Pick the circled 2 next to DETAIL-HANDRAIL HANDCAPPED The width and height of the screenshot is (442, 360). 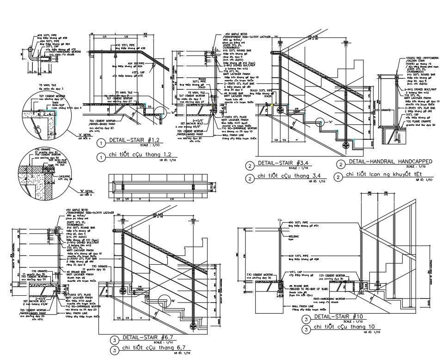point(341,164)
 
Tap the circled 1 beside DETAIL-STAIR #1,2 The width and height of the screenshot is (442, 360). point(99,143)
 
